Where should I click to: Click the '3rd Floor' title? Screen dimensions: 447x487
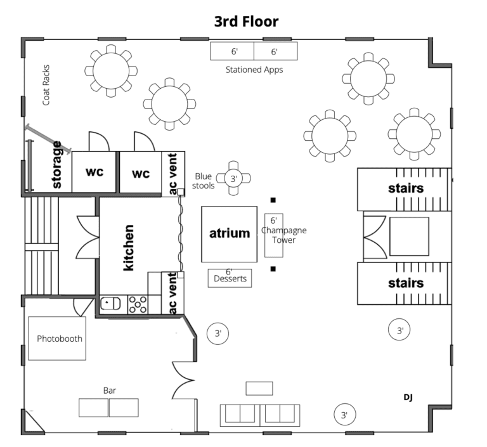tap(246, 22)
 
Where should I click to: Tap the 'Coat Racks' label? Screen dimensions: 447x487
tap(46, 84)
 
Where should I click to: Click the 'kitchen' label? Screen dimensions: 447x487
tap(129, 247)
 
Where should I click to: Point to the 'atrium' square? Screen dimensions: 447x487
tap(230, 233)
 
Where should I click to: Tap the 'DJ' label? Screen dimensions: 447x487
tap(408, 397)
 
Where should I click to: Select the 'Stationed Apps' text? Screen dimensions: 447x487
tap(254, 70)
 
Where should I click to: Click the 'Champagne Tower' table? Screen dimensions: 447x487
tap(274, 235)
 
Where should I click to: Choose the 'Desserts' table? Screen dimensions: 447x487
tap(229, 278)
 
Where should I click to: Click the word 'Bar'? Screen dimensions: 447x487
tap(109, 391)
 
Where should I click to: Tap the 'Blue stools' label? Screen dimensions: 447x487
tap(203, 181)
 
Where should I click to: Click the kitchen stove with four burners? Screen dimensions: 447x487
tap(138, 305)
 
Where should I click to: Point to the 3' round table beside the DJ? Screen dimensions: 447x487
tap(344, 415)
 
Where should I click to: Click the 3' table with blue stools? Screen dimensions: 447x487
tap(233, 179)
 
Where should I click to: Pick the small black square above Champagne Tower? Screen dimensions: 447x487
tap(273, 200)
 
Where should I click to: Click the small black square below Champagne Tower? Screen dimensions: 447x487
tap(273, 269)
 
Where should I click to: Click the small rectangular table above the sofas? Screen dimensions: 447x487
tap(259, 388)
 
